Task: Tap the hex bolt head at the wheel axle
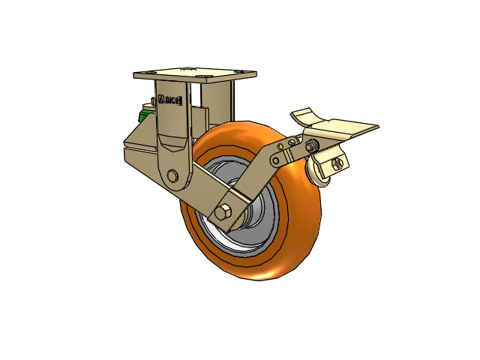223,212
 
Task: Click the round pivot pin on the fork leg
174,176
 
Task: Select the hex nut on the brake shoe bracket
338,163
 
